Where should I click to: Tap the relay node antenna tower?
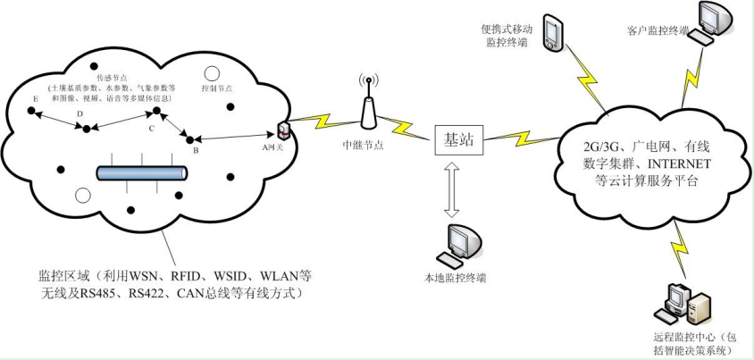(x=366, y=105)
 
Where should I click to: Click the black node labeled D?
(x=87, y=129)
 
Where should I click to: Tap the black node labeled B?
(x=188, y=138)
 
